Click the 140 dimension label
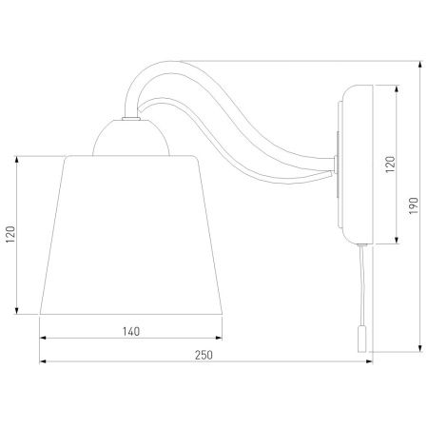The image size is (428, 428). coord(131,332)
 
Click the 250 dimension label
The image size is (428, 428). coord(204,355)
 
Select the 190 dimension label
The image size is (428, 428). coord(414,205)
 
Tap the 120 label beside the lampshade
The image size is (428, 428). coord(10,234)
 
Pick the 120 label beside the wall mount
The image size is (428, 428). coord(391,165)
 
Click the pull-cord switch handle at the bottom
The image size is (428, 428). coord(361,340)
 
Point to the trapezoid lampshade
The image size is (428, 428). coord(131,235)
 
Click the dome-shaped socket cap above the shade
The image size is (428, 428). coord(131,138)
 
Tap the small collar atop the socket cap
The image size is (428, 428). coord(131,119)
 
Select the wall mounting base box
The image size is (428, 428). coord(356,165)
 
